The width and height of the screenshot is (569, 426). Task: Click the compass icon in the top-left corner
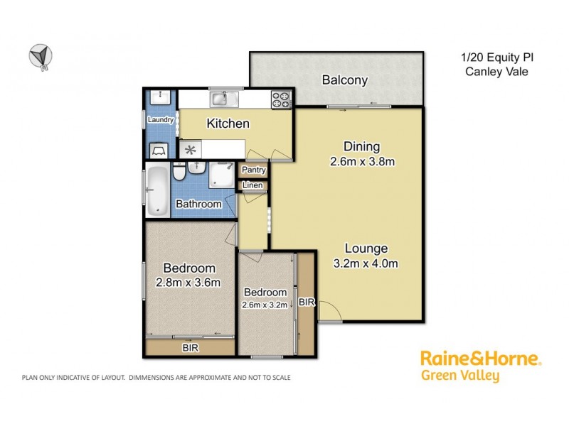click(x=40, y=57)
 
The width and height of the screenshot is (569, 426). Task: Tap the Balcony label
click(x=344, y=80)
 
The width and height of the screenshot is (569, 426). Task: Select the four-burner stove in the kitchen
click(x=281, y=99)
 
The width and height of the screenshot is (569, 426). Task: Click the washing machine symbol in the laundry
click(x=159, y=149)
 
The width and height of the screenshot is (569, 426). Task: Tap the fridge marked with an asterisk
click(x=190, y=150)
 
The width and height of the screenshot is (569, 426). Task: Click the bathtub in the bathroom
click(x=157, y=190)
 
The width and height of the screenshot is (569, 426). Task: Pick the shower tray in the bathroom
click(x=223, y=173)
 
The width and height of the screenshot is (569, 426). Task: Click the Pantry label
click(x=254, y=170)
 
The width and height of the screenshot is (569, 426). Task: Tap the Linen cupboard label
click(x=254, y=186)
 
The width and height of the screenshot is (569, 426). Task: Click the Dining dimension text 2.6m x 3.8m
click(x=363, y=161)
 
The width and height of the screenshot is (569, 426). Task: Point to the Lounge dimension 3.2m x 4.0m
click(x=366, y=264)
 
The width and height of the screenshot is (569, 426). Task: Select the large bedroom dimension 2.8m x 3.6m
click(x=189, y=283)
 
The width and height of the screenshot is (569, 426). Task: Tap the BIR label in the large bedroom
click(x=190, y=349)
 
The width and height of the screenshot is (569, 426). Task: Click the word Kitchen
click(x=228, y=124)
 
